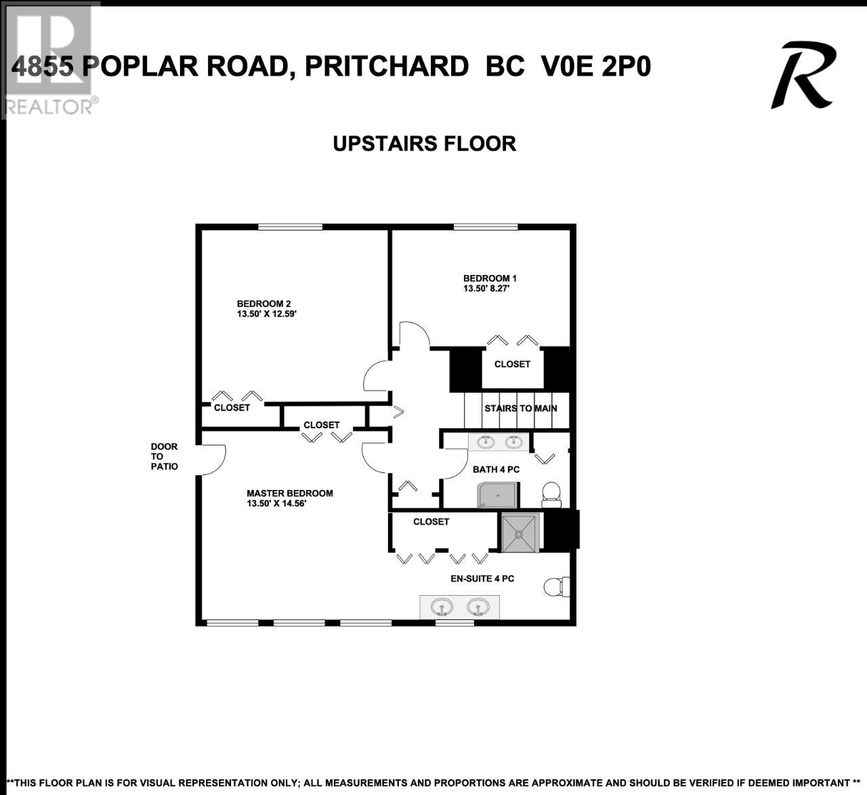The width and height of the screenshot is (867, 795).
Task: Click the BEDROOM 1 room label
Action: (x=490, y=279)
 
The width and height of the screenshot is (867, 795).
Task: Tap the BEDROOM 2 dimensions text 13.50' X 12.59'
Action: (x=266, y=314)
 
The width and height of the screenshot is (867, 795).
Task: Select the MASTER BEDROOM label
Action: (x=290, y=493)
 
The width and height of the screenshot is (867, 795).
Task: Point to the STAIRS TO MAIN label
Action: (x=520, y=408)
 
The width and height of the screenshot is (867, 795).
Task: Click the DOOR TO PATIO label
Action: (x=164, y=456)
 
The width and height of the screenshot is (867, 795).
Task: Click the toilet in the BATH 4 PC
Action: (x=551, y=495)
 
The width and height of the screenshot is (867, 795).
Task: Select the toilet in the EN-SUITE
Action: (x=557, y=587)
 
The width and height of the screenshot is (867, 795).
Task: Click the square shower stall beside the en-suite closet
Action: (x=520, y=533)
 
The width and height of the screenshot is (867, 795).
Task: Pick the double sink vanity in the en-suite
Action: (x=459, y=607)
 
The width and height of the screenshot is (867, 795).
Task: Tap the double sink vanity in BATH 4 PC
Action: (x=499, y=443)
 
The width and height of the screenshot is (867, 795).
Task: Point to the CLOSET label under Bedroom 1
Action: (x=512, y=364)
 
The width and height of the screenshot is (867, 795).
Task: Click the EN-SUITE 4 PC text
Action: (x=482, y=579)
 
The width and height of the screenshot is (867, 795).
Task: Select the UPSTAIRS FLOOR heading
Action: (x=425, y=144)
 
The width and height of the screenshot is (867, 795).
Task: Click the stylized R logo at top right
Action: (x=803, y=75)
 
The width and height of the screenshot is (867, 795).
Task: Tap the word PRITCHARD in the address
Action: (x=387, y=66)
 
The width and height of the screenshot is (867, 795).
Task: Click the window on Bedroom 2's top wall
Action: (x=291, y=226)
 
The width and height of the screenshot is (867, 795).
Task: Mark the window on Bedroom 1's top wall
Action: (x=486, y=226)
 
